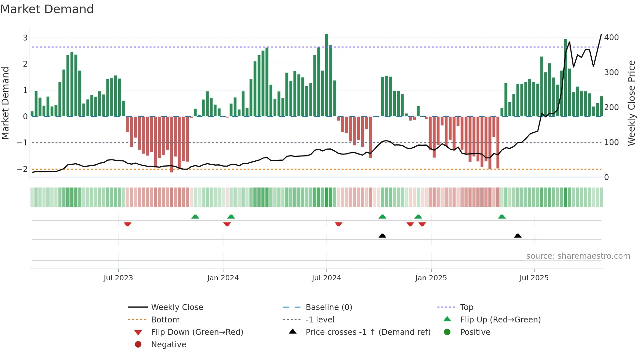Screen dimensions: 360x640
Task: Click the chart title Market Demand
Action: (x=47, y=9)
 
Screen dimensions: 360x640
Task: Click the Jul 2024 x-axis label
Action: (x=326, y=278)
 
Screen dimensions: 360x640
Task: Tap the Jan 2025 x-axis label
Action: (x=431, y=278)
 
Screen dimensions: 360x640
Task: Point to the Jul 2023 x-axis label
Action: (x=118, y=278)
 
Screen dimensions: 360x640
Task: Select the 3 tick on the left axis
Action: (x=25, y=38)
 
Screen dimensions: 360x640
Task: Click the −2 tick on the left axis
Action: (x=23, y=169)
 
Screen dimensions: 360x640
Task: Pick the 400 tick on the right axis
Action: (x=611, y=38)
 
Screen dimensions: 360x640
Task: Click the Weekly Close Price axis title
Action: (x=632, y=103)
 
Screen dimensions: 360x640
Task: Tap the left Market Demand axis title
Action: (x=5, y=103)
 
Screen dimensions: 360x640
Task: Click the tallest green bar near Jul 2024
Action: (x=327, y=75)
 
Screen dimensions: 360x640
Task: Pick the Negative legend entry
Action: (x=168, y=345)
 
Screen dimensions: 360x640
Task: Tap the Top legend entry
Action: (x=466, y=307)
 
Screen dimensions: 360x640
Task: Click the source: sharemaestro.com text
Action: (x=578, y=256)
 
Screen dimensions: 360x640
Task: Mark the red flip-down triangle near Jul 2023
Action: (x=128, y=224)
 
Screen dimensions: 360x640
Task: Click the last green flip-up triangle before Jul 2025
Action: (x=502, y=217)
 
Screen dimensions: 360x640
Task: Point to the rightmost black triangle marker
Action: (x=518, y=236)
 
